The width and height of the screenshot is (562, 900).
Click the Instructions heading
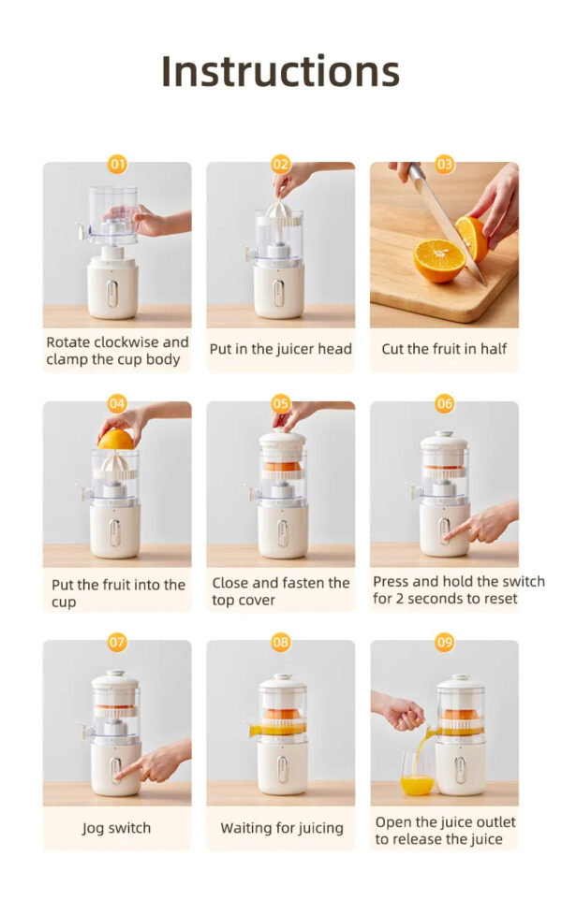tap(280, 72)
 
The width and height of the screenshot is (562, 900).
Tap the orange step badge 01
tap(117, 165)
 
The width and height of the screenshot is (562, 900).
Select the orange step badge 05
tap(281, 404)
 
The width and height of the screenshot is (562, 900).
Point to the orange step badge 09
tap(444, 643)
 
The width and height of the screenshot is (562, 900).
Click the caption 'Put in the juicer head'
tap(280, 349)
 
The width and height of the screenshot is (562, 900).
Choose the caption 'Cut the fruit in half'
tap(444, 349)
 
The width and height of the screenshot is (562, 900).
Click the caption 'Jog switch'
tap(116, 828)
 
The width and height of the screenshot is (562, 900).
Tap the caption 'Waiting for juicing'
tap(281, 828)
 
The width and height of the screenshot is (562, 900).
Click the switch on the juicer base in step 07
tap(117, 769)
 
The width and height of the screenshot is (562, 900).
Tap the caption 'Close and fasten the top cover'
tap(280, 591)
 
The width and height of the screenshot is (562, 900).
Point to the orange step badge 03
tap(444, 165)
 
